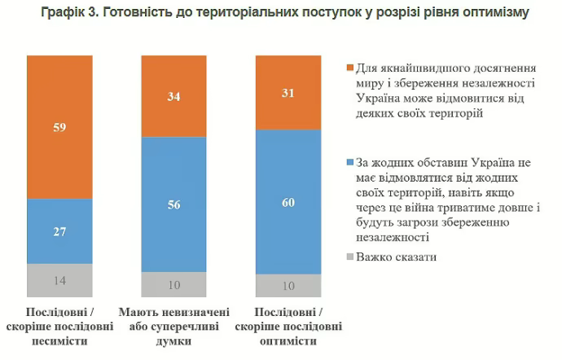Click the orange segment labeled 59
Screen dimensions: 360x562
point(59,127)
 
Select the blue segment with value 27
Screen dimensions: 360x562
point(59,231)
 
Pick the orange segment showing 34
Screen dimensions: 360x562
point(173,96)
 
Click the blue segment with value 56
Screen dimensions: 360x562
point(173,204)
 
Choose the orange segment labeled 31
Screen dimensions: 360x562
point(288,93)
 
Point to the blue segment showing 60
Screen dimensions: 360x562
point(288,201)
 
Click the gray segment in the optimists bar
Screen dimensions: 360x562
point(288,286)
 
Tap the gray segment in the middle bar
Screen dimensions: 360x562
point(173,284)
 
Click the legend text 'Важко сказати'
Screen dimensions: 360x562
point(396,257)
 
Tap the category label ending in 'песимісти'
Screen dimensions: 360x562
point(59,327)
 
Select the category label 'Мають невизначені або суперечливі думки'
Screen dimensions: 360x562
point(173,327)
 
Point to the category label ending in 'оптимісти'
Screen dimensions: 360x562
point(288,327)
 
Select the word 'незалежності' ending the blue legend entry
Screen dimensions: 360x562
point(391,236)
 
